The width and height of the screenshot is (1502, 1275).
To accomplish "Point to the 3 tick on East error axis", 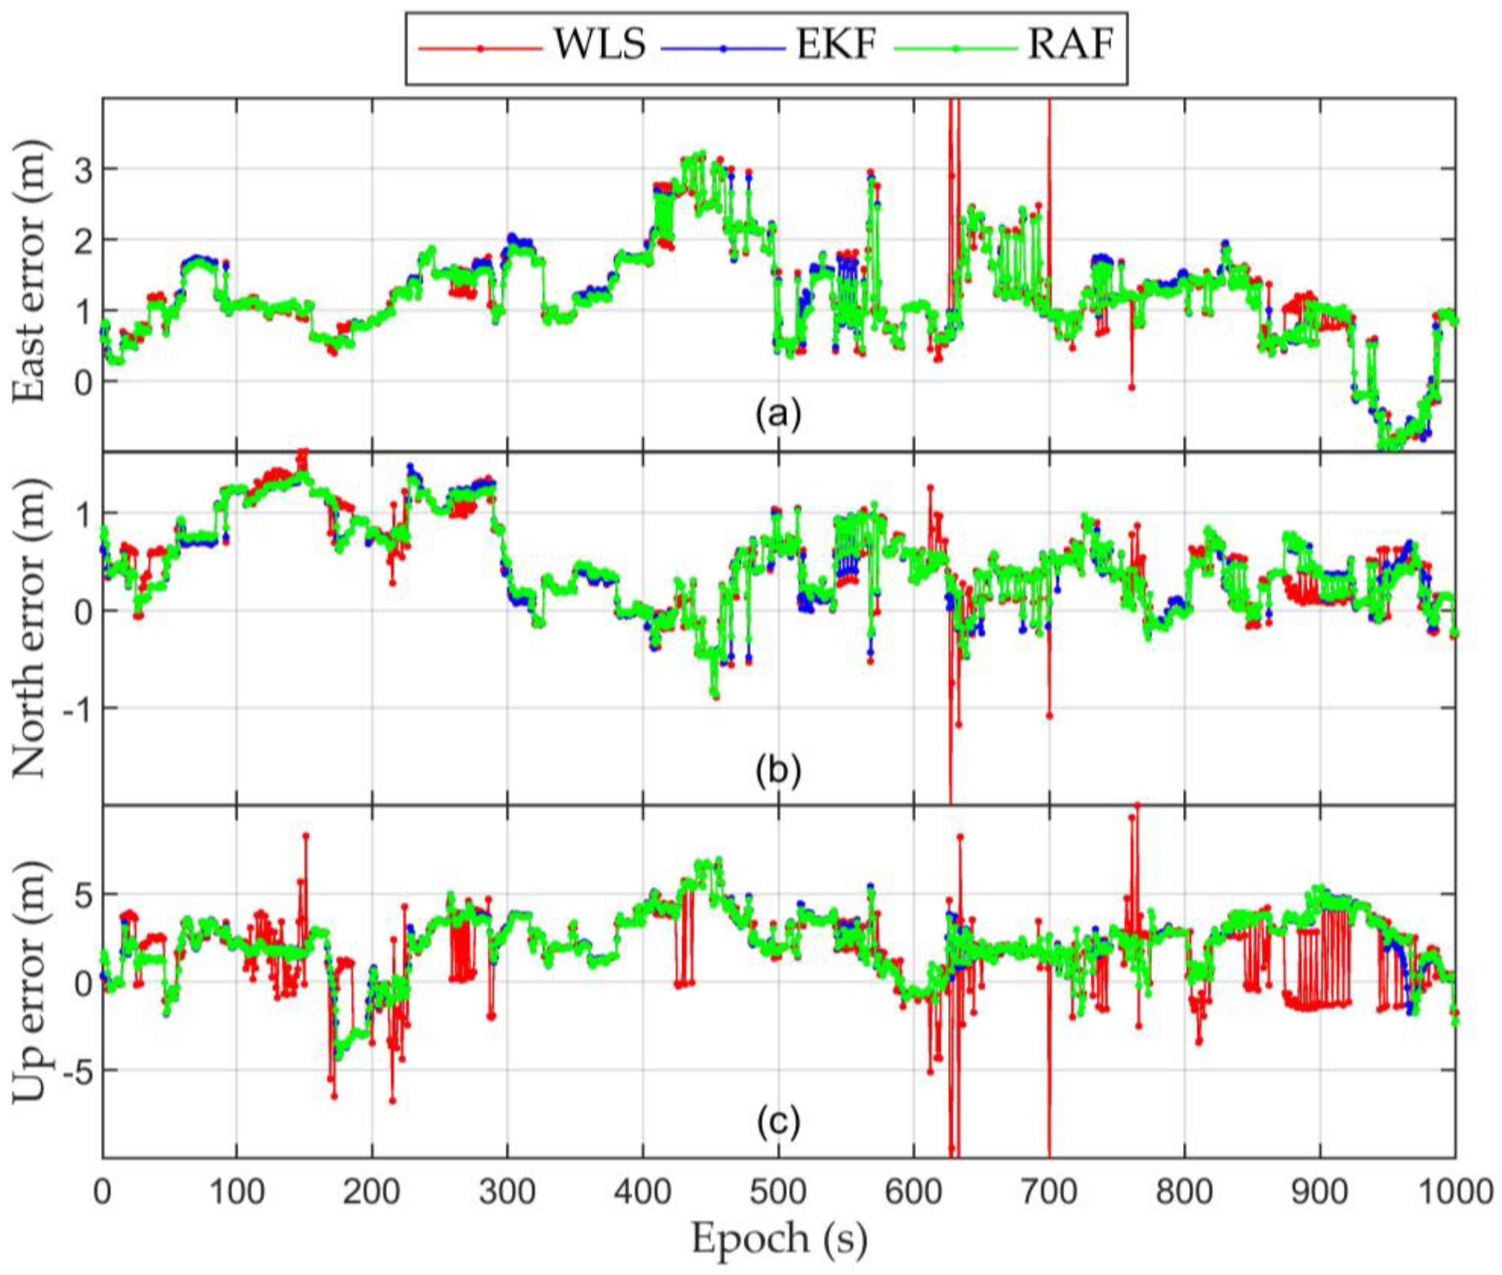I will pos(87,169).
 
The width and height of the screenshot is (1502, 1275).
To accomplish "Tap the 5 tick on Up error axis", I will pos(87,894).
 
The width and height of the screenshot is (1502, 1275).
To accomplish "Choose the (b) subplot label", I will pos(778,771).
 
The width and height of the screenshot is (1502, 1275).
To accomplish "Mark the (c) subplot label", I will pos(778,1124).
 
